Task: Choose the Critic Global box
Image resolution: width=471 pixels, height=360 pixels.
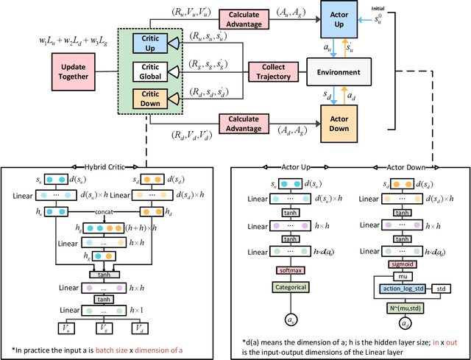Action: tap(150, 71)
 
